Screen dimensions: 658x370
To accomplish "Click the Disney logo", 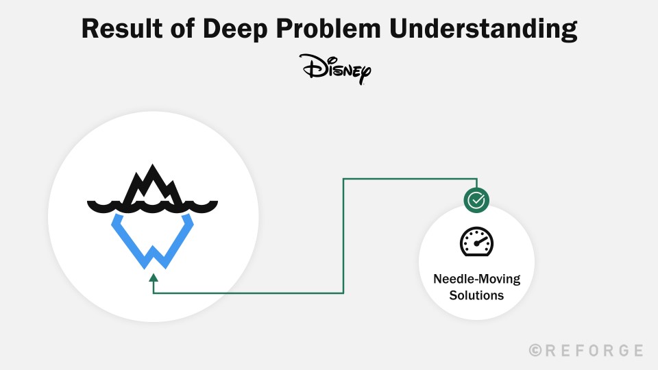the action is point(335,69).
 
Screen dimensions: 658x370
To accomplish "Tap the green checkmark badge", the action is point(476,200).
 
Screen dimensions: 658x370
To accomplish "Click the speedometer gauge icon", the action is point(476,242).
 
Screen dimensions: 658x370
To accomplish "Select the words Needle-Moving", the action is point(476,279).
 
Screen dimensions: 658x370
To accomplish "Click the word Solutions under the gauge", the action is point(476,295).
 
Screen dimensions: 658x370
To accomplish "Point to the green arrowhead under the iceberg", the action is point(154,277).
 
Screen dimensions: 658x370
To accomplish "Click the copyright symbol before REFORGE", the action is point(535,351).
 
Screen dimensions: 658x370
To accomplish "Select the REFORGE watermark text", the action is point(586,351).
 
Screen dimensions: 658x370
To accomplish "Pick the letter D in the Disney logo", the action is point(310,67).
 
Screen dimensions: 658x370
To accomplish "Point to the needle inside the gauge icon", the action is point(478,241).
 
